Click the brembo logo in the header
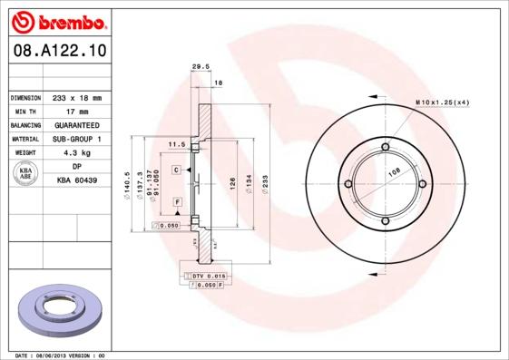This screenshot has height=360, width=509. (56, 19)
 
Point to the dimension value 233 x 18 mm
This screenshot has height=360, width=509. (77, 97)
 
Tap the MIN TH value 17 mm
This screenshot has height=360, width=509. (77, 111)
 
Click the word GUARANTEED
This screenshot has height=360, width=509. (77, 124)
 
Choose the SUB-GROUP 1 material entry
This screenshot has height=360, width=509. (77, 139)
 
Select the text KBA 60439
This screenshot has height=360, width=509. (77, 180)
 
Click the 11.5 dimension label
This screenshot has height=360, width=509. (177, 144)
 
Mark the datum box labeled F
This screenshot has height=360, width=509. (177, 199)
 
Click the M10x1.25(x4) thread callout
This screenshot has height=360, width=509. (442, 102)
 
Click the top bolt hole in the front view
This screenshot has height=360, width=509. (385, 147)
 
